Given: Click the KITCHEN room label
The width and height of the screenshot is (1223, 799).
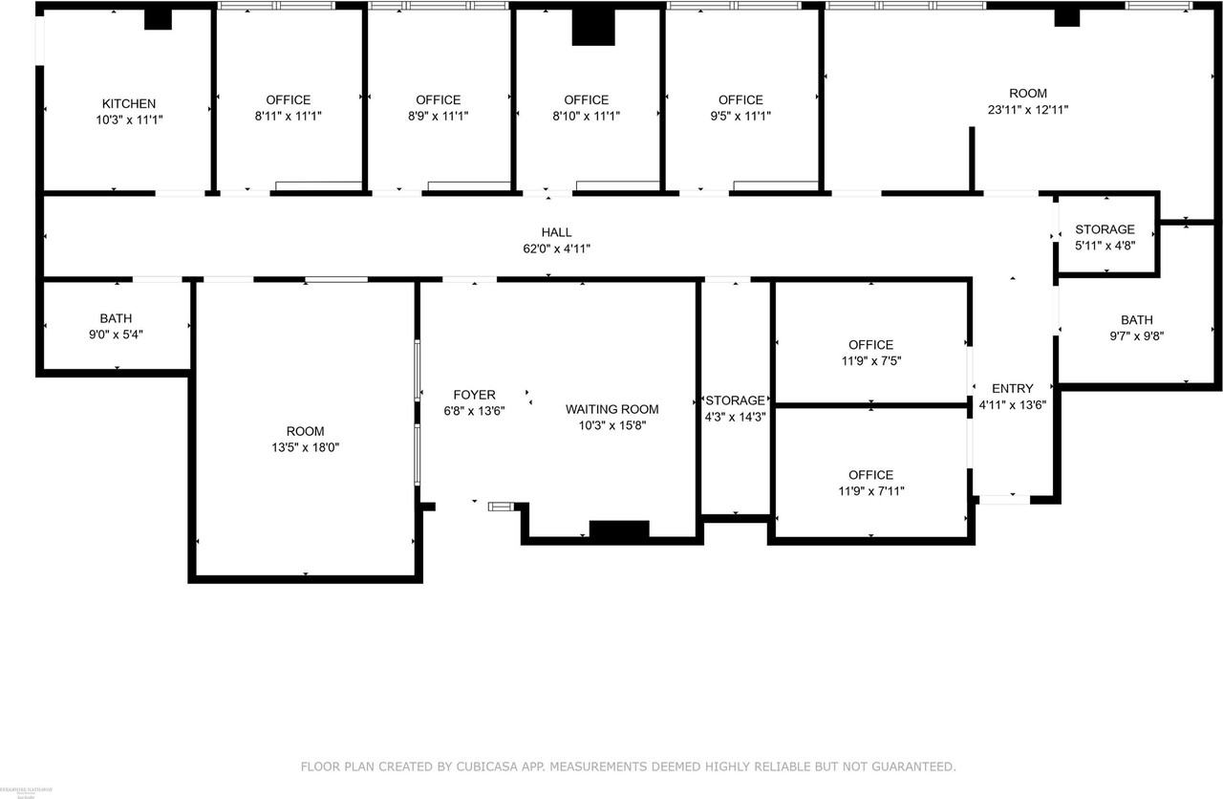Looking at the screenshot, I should [x=129, y=103].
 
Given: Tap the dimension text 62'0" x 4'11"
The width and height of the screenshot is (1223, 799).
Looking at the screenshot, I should [x=556, y=248].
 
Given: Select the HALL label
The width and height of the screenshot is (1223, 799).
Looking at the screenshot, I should [x=556, y=232].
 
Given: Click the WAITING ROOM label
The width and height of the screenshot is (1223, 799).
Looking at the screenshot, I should [x=611, y=409].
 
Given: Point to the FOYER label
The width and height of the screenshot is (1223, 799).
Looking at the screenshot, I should [x=474, y=395].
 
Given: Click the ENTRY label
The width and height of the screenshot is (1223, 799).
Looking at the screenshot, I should [x=1012, y=388].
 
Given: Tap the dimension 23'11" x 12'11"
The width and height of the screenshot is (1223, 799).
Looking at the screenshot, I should [x=1028, y=110].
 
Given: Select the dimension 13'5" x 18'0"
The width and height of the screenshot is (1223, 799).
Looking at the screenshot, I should [x=305, y=447].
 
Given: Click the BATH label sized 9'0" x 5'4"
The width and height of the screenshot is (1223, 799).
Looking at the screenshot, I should [x=117, y=318].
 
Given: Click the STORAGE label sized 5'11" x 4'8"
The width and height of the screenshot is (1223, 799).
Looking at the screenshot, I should [x=1105, y=229].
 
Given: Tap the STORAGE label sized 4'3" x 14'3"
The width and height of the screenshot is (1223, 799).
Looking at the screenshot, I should [x=735, y=400].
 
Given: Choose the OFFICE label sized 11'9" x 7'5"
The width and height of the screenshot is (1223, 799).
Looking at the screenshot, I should [x=870, y=345].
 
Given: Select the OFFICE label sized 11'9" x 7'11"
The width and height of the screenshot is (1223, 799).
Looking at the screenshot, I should [x=870, y=475].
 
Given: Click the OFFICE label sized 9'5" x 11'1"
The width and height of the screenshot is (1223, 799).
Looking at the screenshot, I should [x=740, y=99].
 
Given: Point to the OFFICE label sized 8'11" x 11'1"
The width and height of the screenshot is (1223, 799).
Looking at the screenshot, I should [x=288, y=99].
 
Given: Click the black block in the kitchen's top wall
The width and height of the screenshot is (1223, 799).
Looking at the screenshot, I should [x=158, y=19].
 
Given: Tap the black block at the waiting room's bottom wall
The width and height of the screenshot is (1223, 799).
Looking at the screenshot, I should [x=619, y=529].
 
